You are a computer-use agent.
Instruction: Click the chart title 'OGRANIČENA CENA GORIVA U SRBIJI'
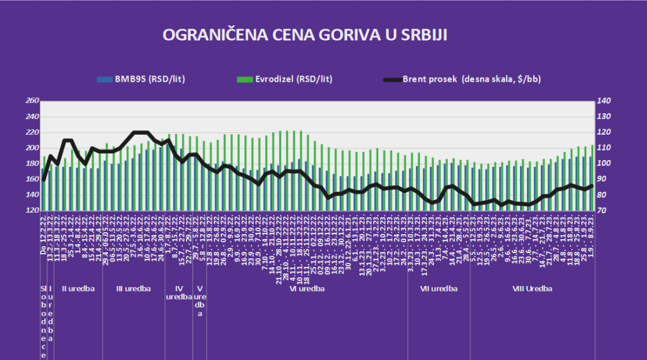tap(305, 35)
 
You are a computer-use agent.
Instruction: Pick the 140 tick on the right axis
tap(604, 101)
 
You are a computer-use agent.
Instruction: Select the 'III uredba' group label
tap(133, 289)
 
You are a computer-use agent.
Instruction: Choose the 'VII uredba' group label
tap(439, 289)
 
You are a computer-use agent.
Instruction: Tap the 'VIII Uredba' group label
tap(532, 289)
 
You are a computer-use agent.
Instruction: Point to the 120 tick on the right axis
tap(604, 132)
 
